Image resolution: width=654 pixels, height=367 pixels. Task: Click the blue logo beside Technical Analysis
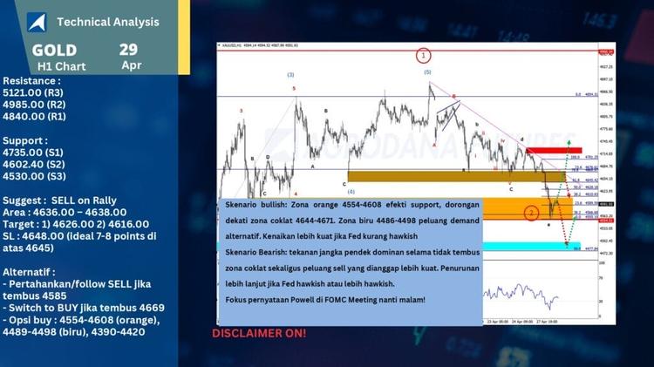tap(37, 22)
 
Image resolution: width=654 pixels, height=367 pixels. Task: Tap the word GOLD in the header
tap(54, 50)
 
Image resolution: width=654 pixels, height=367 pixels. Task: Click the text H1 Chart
tap(61, 66)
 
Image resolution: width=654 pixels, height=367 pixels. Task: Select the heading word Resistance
tap(32, 79)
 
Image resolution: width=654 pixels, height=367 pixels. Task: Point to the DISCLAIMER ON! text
tap(259, 333)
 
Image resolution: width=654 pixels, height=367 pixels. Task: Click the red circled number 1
tap(423, 56)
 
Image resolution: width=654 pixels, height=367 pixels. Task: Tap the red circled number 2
tap(531, 213)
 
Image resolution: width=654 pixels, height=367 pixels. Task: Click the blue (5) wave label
tap(427, 72)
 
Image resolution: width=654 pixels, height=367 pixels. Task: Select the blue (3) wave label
tap(290, 75)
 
